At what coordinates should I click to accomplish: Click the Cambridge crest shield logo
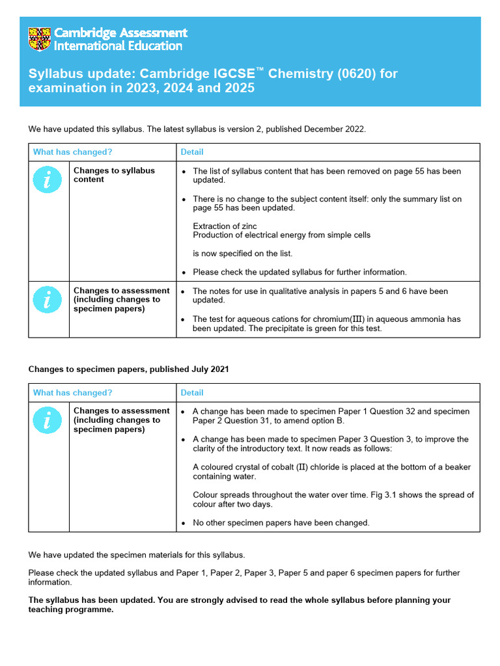point(39,39)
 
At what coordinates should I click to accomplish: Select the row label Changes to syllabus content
point(114,175)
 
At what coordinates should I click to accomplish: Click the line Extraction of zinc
point(225,226)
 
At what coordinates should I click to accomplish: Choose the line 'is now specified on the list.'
point(242,254)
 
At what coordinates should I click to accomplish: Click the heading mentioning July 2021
point(128,369)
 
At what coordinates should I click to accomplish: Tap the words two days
point(255,504)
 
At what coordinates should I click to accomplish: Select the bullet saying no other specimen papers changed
point(281,523)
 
